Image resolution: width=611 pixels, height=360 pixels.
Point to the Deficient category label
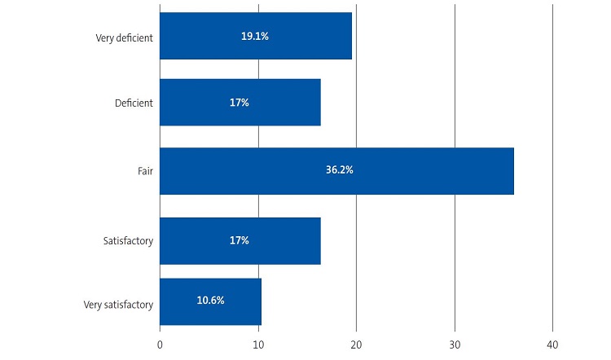[x=134, y=103]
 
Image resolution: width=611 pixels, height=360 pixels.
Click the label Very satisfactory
[x=118, y=305]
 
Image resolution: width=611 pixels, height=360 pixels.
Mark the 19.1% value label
[x=255, y=36]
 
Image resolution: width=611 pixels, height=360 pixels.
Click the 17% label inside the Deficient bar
[x=240, y=103]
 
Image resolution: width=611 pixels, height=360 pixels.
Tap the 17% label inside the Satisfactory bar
[x=240, y=241]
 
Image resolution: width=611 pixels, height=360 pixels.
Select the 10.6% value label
[x=210, y=300]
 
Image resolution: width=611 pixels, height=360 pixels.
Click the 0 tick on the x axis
[x=160, y=345]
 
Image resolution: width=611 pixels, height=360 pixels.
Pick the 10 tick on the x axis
[x=257, y=345]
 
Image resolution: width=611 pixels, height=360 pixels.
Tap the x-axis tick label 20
[x=356, y=345]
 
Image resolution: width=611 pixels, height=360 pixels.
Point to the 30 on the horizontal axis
[x=455, y=345]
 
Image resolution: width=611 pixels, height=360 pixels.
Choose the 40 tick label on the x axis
[x=552, y=345]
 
